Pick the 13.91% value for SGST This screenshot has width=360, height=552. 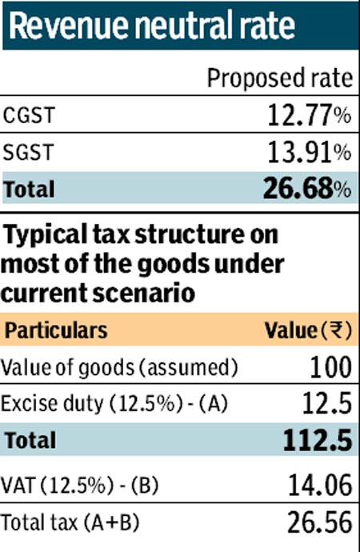pos(308,152)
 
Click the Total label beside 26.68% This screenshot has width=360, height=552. pos(30,190)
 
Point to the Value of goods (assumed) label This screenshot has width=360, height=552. pos(120,368)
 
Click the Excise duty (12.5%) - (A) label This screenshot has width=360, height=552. pos(115,405)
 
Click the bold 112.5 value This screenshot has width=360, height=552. pos(317,441)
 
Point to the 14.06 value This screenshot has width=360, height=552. pos(318,486)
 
